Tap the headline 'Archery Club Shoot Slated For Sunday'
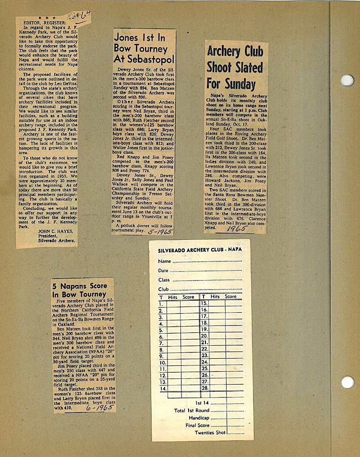(235, 67)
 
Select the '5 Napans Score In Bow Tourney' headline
(80, 290)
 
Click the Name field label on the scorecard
(165, 261)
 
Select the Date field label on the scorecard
(164, 270)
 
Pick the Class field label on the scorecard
(164, 280)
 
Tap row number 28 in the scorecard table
(205, 387)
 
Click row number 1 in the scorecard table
(161, 303)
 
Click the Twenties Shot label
(210, 433)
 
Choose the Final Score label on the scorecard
(197, 425)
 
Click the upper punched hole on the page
(347, 80)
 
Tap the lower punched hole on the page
(347, 382)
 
